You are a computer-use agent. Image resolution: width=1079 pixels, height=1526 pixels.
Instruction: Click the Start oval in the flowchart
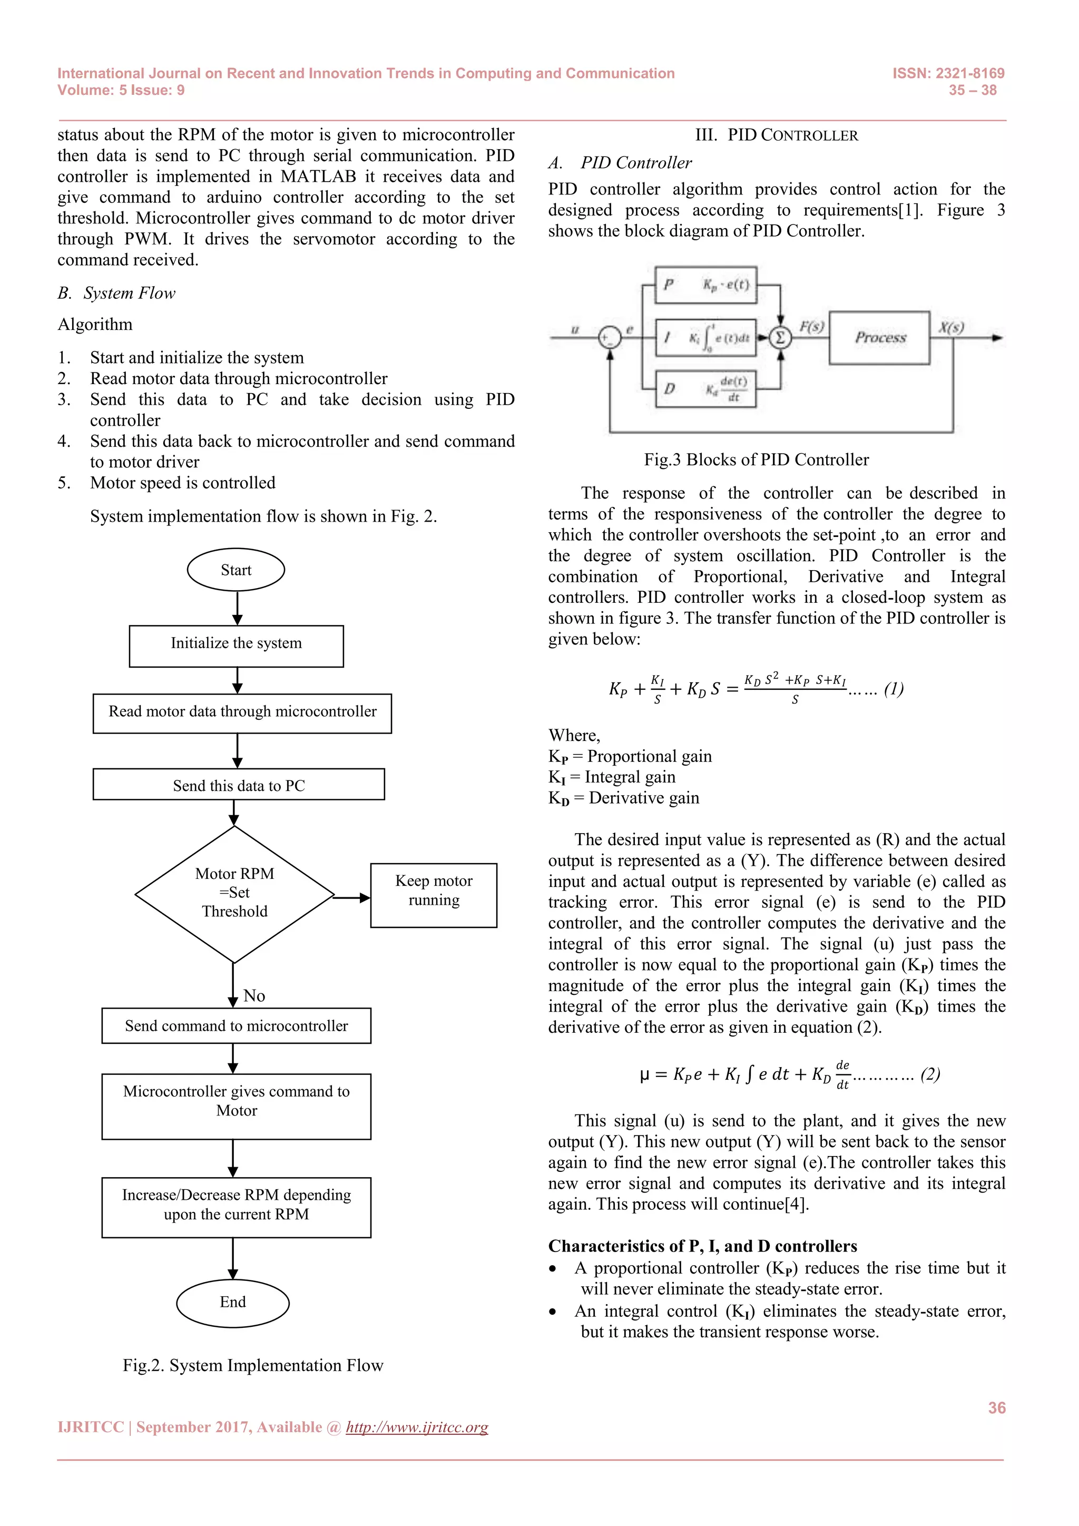[236, 570]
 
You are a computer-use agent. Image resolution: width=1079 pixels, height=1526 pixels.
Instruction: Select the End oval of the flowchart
[232, 1302]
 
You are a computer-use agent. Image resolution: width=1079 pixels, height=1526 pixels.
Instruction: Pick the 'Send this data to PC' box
[239, 785]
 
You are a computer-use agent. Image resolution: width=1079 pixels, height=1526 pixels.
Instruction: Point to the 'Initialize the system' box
[236, 644]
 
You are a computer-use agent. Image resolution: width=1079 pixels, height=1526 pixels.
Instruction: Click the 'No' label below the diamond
[254, 995]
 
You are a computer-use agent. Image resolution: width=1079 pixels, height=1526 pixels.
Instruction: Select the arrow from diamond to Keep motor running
[351, 898]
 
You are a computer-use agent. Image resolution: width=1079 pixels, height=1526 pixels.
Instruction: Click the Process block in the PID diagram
[880, 338]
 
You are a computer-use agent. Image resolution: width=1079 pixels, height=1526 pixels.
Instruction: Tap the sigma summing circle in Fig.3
[780, 338]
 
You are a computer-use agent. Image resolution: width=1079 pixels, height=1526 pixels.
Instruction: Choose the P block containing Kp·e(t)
[705, 285]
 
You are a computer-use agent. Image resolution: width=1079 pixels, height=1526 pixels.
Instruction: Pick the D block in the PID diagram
[705, 388]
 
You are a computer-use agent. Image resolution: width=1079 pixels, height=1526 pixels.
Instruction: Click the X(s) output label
[951, 327]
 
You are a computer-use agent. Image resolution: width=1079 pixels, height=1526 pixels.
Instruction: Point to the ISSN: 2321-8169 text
[948, 73]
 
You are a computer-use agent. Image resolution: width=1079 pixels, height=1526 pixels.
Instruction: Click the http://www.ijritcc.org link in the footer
[417, 1427]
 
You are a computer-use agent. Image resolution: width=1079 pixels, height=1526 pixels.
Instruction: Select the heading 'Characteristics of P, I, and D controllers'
[702, 1246]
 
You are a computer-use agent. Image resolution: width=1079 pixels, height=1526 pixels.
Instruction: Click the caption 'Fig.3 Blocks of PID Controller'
[756, 459]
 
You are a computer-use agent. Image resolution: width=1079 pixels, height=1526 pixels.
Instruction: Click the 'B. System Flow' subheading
[116, 293]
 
